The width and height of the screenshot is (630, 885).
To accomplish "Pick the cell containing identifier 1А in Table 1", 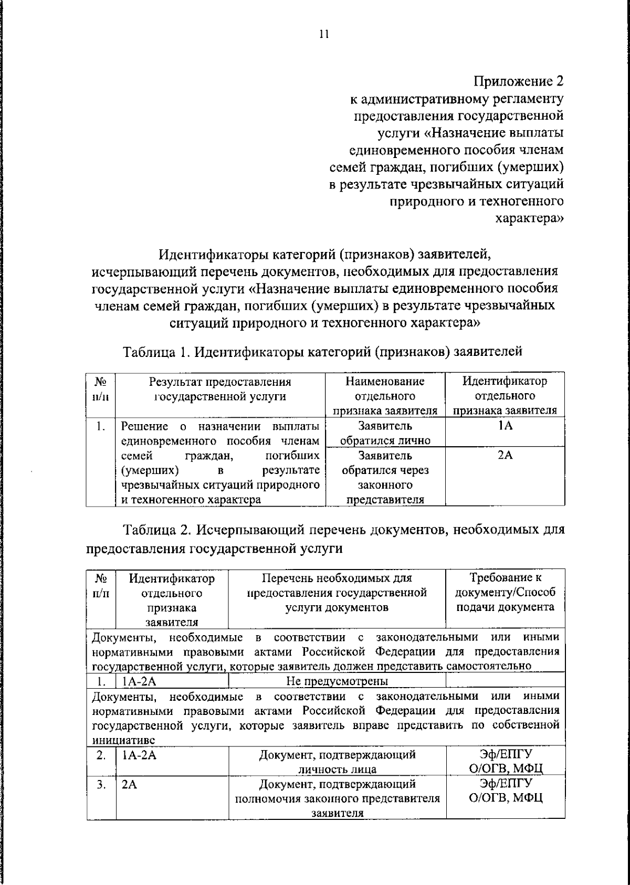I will click(x=505, y=426).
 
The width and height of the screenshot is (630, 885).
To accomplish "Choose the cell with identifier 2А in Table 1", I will click(x=505, y=455).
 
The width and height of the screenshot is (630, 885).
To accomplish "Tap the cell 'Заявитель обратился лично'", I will click(x=385, y=433).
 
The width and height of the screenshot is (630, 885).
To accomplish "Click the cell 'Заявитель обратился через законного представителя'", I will click(x=385, y=477).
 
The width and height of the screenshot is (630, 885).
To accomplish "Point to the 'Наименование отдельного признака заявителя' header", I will click(x=385, y=396).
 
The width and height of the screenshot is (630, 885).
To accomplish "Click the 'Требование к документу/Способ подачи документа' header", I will click(x=505, y=593).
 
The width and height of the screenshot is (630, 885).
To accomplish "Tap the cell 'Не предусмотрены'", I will click(x=337, y=681).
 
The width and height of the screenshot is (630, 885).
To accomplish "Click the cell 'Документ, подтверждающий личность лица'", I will click(x=337, y=762).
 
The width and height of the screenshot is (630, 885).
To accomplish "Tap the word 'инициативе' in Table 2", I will click(x=123, y=740).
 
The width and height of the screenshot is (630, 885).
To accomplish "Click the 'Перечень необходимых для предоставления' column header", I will click(x=337, y=593).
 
